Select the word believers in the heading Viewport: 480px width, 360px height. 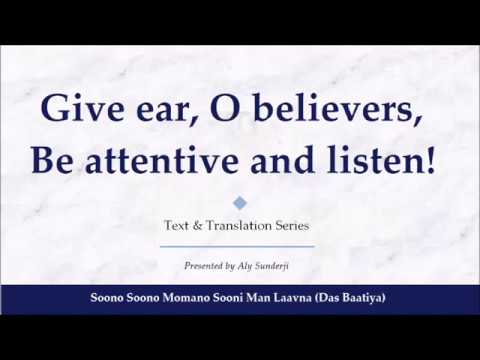pyautogui.click(x=326, y=109)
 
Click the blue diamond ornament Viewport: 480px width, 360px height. pyautogui.click(x=239, y=203)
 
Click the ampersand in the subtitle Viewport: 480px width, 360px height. pyautogui.click(x=205, y=226)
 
